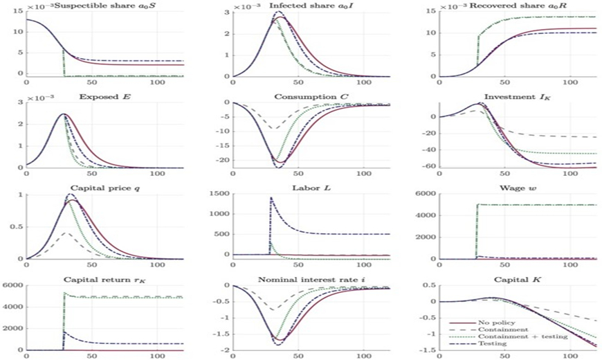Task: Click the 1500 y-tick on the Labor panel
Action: (219, 195)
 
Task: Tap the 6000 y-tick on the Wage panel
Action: (426, 195)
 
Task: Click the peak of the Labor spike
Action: (271, 199)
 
